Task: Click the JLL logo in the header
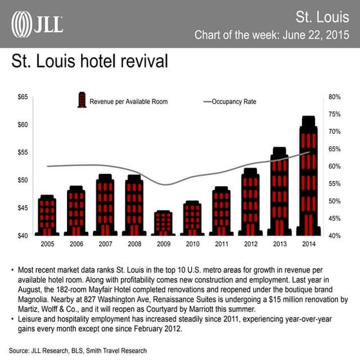click(37, 24)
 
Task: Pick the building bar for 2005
click(47, 215)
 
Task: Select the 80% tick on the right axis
click(334, 97)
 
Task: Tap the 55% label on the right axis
click(334, 184)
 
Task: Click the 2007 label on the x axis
click(105, 245)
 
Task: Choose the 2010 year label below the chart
click(193, 245)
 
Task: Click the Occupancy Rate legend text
click(236, 101)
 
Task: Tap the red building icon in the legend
click(82, 100)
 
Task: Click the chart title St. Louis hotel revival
click(90, 62)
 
